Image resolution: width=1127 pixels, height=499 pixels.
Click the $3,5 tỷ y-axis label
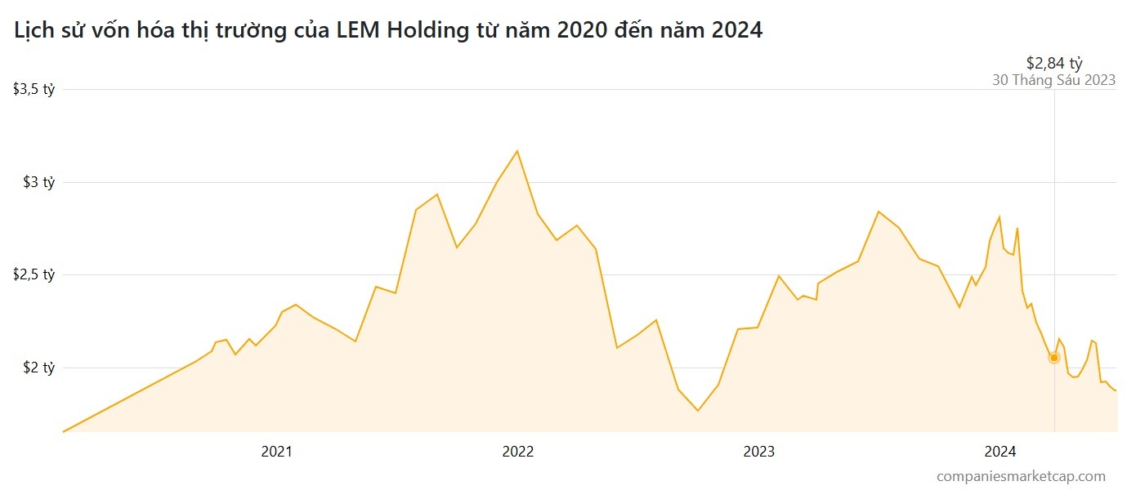[34, 90]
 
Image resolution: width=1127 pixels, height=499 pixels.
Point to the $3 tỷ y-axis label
[39, 182]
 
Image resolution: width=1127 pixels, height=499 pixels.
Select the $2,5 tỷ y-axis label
[34, 274]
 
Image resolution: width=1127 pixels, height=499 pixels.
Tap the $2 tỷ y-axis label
[39, 368]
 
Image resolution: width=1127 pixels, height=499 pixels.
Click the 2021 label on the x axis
[277, 452]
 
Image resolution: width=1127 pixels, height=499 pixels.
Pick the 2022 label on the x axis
[518, 452]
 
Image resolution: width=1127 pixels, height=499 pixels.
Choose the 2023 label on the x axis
[758, 452]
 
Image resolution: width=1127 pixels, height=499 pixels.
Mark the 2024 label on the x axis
[1000, 452]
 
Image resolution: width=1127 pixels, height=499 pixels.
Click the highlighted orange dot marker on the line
[1054, 358]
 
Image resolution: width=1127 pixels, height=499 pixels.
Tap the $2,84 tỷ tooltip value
[1054, 63]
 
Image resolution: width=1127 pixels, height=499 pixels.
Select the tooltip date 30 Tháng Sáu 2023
[1053, 80]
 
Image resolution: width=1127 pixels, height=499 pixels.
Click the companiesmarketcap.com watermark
[1021, 476]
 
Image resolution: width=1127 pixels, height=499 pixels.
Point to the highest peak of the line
[517, 151]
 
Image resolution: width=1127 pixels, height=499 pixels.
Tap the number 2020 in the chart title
[582, 30]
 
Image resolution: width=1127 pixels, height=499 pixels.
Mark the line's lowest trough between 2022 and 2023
[697, 410]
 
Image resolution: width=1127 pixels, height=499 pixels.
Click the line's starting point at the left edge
[64, 431]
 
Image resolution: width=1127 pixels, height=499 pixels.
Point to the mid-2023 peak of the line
[879, 212]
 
